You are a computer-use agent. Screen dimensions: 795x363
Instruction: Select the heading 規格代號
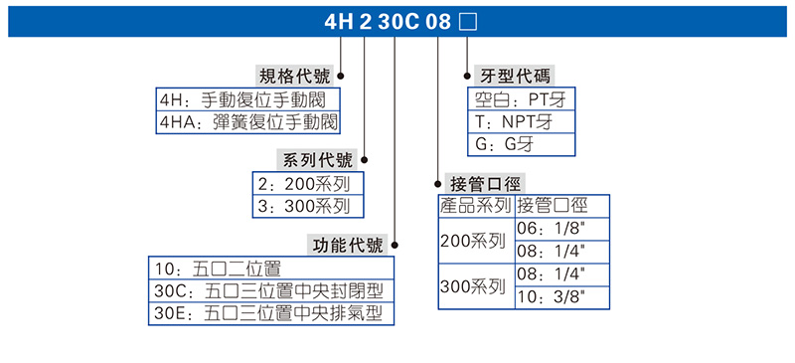tap(295, 76)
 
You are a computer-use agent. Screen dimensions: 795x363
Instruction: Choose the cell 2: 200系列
tap(309, 184)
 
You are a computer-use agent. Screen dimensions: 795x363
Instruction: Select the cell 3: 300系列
tap(309, 207)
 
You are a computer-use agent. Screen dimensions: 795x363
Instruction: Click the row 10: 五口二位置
tap(270, 269)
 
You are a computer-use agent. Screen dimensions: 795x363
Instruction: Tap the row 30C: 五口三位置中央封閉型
tap(270, 291)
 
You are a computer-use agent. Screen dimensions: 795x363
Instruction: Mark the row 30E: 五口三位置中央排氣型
tap(270, 314)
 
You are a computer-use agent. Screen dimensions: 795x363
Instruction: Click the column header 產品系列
tap(477, 207)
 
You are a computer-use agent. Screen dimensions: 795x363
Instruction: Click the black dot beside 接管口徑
tap(438, 183)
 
